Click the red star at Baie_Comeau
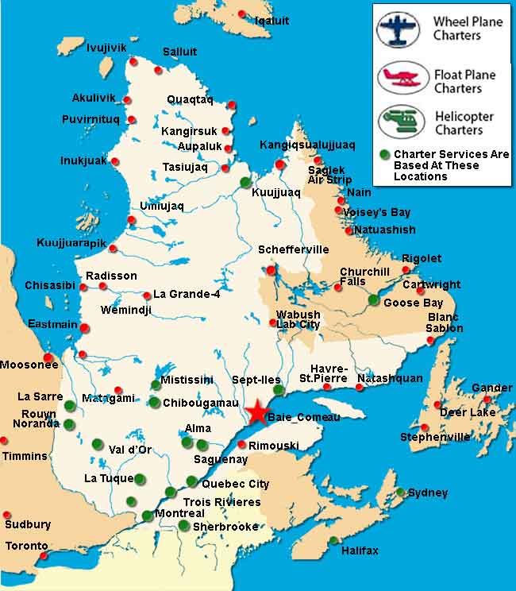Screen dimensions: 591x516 click(x=257, y=413)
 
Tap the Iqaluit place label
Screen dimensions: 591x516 click(x=271, y=20)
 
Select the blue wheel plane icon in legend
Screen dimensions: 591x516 click(x=398, y=29)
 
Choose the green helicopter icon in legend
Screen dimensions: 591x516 click(x=398, y=122)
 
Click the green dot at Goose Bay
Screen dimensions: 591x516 click(x=373, y=299)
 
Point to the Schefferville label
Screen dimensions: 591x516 click(x=293, y=249)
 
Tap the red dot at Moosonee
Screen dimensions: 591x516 click(x=48, y=357)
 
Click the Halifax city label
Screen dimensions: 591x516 click(x=360, y=550)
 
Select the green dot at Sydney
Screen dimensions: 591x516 click(x=401, y=492)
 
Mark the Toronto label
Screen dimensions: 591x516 click(x=26, y=547)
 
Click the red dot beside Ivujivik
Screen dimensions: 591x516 click(x=134, y=61)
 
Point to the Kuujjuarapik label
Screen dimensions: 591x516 click(x=70, y=242)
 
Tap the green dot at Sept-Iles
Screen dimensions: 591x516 click(x=278, y=390)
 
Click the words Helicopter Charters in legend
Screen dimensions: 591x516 click(x=464, y=122)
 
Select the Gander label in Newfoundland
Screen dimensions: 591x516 click(x=491, y=388)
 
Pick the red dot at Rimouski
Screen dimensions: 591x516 click(x=241, y=445)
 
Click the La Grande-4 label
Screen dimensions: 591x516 click(x=187, y=294)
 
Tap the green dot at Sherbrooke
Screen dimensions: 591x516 click(x=183, y=525)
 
